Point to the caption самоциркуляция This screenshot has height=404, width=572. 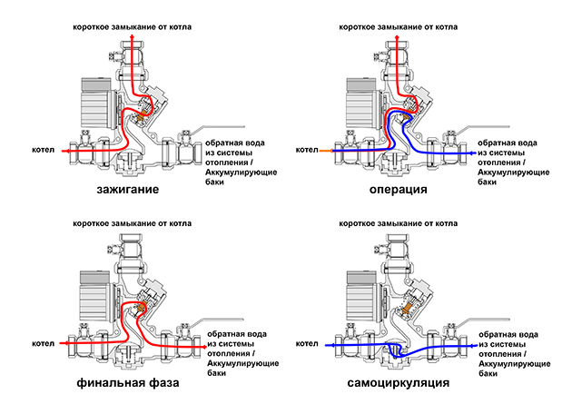tap(398, 385)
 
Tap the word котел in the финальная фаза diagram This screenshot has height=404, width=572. tap(42, 344)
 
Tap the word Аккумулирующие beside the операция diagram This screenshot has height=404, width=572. tap(511, 172)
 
